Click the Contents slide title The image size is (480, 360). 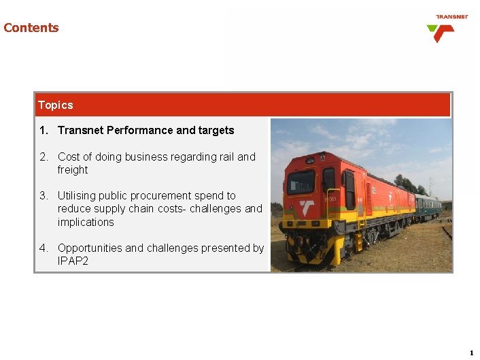click(31, 28)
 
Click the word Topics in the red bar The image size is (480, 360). click(56, 105)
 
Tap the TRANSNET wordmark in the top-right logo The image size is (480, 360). click(451, 17)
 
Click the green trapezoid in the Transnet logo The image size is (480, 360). click(434, 29)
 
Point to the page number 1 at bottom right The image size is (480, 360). click(471, 353)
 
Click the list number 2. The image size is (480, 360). click(44, 157)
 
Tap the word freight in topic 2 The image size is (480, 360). click(73, 169)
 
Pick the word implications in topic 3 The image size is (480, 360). click(86, 222)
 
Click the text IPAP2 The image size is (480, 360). click(73, 261)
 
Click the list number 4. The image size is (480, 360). click(44, 248)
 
